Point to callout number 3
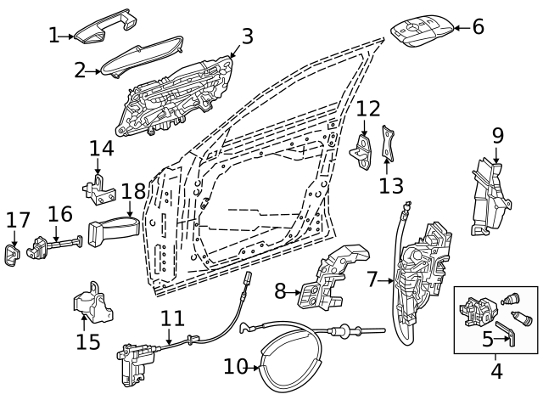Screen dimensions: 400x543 (x=247, y=36)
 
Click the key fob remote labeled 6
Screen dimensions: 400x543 (x=421, y=32)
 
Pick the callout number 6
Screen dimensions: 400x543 (x=478, y=26)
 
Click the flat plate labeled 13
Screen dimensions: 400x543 (x=389, y=143)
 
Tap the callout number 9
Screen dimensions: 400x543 (x=497, y=134)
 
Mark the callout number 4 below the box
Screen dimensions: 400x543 (x=496, y=371)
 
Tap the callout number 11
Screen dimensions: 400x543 (x=172, y=319)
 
